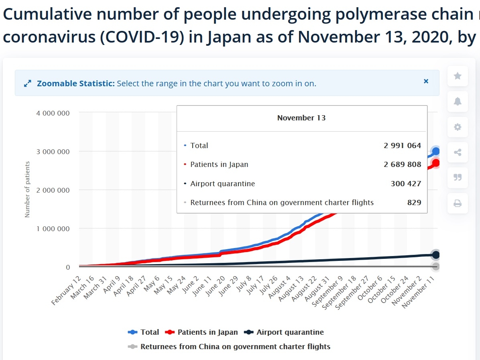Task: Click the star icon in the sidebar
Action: [457, 76]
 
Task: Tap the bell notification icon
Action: [457, 102]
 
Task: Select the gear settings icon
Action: [457, 127]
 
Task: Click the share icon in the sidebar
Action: [457, 153]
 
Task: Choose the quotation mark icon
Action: [457, 178]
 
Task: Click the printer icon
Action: [457, 203]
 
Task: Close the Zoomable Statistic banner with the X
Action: [426, 81]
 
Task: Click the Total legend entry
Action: [144, 332]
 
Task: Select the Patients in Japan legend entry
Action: [202, 332]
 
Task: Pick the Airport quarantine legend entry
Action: [285, 332]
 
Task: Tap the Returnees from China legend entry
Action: [229, 346]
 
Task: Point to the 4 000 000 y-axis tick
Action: [53, 113]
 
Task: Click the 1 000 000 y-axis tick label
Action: [53, 229]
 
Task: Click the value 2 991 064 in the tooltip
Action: [402, 146]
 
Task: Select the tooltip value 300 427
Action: [406, 184]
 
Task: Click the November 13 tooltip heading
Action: [301, 118]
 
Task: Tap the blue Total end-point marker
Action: [436, 151]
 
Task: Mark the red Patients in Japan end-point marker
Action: [436, 163]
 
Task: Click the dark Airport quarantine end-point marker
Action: [436, 255]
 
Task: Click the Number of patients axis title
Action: [27, 189]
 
